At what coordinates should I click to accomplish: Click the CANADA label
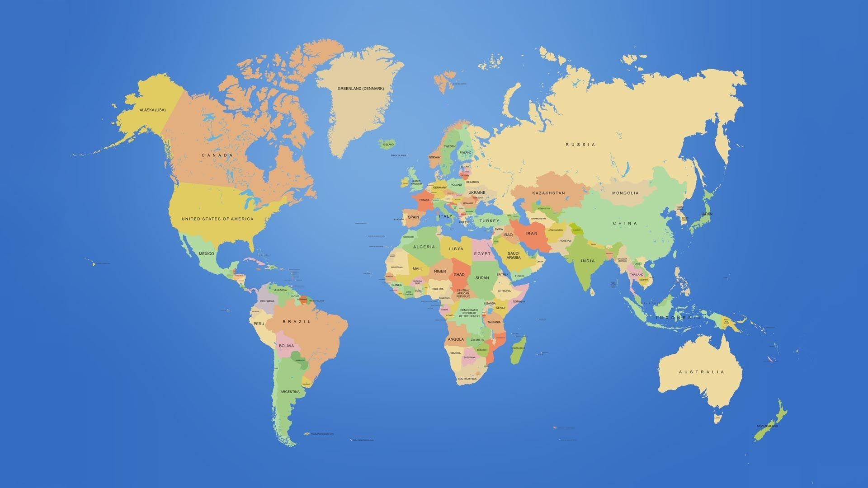click(x=217, y=155)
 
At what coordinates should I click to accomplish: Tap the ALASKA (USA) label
click(x=152, y=110)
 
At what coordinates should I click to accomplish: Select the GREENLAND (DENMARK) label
click(x=360, y=89)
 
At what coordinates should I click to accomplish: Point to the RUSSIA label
click(x=580, y=145)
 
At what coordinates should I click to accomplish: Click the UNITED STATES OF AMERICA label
click(x=217, y=219)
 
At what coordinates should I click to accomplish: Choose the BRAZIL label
click(x=297, y=322)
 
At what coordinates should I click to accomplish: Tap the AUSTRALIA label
click(x=701, y=372)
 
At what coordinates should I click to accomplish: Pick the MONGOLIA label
click(x=625, y=193)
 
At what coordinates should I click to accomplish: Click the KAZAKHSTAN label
click(x=548, y=193)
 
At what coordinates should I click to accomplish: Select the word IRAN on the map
click(x=531, y=234)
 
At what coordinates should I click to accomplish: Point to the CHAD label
click(x=459, y=274)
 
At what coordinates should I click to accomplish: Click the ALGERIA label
click(x=424, y=247)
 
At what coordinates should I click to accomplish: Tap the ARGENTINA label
click(x=290, y=391)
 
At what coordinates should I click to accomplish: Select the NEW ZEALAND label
click(x=767, y=426)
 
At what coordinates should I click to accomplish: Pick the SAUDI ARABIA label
click(x=514, y=255)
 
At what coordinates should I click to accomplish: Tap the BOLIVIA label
click(x=286, y=346)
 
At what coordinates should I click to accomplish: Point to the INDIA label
click(x=588, y=261)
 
